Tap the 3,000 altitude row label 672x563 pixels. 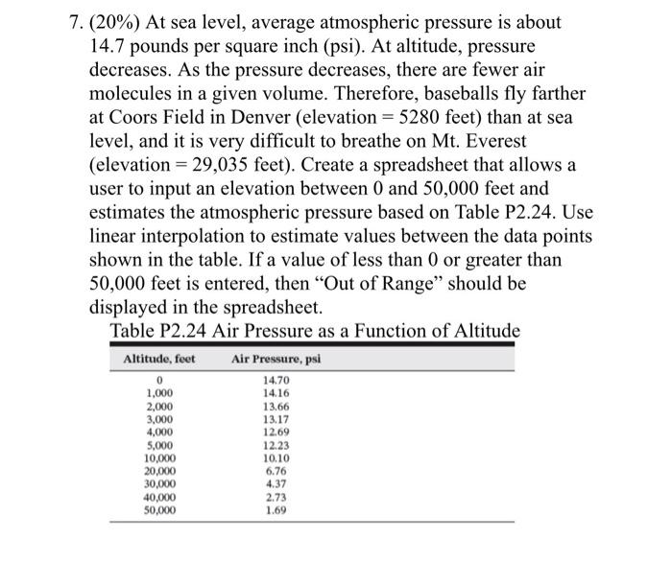point(159,417)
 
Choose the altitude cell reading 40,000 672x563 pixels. point(159,498)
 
